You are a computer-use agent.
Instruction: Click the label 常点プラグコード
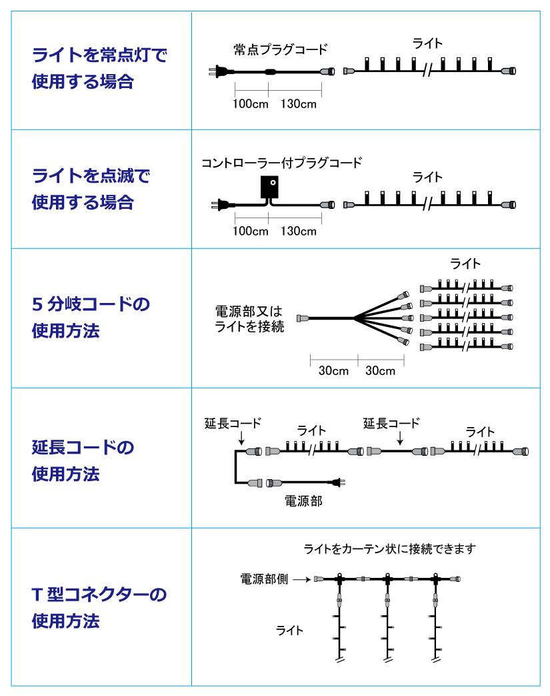pos(280,49)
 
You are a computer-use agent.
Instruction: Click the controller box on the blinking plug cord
pos(270,187)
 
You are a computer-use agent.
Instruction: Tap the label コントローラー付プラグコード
pos(281,163)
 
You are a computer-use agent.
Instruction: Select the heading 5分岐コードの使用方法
pos(91,318)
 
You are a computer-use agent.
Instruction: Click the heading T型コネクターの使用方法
pos(99,607)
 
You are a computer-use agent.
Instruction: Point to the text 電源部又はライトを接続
pos(249,319)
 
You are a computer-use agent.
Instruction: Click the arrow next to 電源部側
pos(301,579)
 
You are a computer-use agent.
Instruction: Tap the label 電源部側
pos(264,579)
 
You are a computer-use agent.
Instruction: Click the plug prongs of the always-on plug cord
pos(212,71)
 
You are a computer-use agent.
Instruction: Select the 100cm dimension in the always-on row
pos(251,104)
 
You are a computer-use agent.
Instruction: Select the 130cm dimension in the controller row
pos(299,231)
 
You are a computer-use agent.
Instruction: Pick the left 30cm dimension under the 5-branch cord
pos(333,370)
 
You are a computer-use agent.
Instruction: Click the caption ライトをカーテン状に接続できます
pos(389,549)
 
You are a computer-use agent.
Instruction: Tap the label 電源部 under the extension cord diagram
pos(303,501)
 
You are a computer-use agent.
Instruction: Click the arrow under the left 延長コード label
pos(241,438)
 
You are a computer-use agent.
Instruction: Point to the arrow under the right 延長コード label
pos(400,438)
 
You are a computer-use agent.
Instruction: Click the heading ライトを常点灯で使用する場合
pos(99,68)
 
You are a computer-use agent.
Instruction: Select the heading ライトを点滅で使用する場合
pos(91,189)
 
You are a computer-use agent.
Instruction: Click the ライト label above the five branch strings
pos(465,264)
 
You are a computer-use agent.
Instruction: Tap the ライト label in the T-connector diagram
pos(289,631)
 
